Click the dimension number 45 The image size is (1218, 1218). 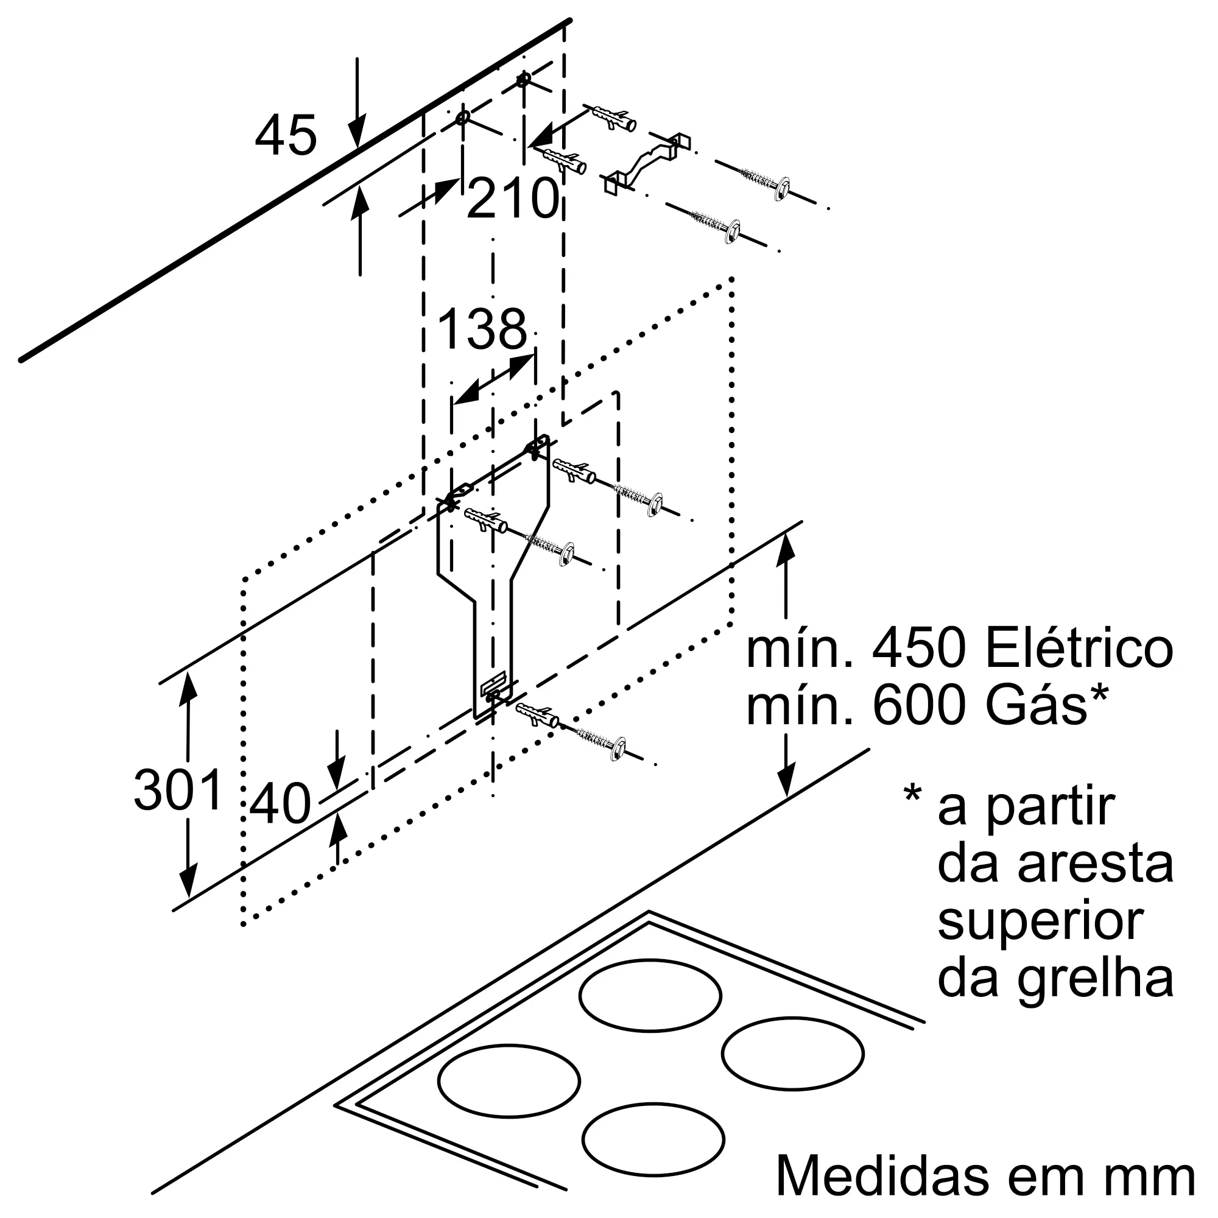286,136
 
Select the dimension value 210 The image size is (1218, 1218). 513,198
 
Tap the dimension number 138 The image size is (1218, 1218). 482,329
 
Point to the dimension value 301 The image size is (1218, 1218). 179,790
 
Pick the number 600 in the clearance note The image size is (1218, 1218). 918,705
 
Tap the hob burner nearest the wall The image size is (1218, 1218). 650,996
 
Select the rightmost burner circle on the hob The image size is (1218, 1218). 792,1054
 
